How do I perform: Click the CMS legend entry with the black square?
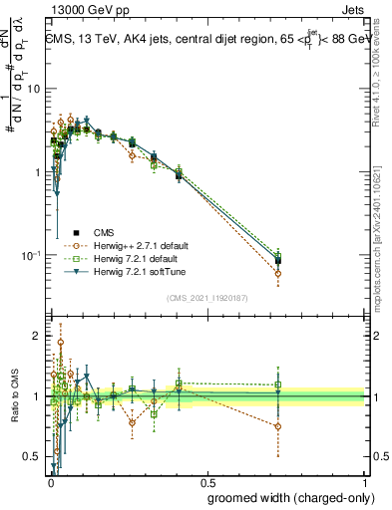(x=91, y=232)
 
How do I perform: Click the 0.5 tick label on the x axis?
(x=207, y=482)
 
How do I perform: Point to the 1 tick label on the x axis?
(x=365, y=482)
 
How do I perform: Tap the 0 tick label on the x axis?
(x=50, y=482)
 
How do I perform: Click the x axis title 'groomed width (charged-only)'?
(x=284, y=497)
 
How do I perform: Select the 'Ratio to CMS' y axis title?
(x=13, y=396)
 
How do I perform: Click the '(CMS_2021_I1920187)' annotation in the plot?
(x=207, y=298)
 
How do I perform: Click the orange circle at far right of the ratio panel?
(x=278, y=426)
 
